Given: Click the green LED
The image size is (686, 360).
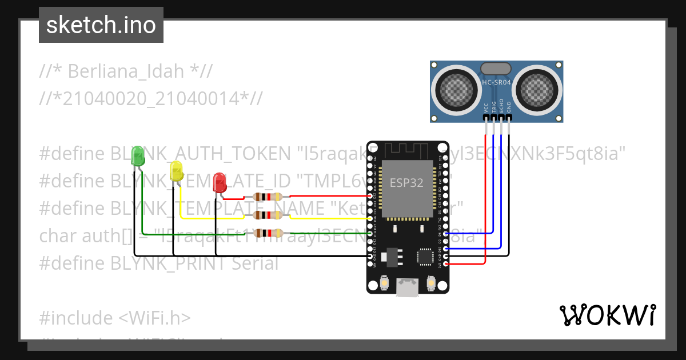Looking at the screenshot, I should coord(138,156).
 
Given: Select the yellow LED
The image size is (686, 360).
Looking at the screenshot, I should coord(176,170).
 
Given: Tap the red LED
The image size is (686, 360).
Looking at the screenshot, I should coord(219,183).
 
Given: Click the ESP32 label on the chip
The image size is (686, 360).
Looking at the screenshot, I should coord(406,183).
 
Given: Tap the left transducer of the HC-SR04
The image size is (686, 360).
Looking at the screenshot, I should coord(456,89).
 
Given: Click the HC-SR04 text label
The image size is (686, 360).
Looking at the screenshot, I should coord(496,82).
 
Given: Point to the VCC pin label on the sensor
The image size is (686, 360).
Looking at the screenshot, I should coord(486,107).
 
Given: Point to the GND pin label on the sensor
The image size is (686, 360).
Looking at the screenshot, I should coord(509,107).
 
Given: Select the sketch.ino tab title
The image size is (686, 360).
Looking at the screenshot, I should coord(101,25).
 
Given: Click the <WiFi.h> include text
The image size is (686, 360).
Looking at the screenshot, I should coord(155,318).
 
